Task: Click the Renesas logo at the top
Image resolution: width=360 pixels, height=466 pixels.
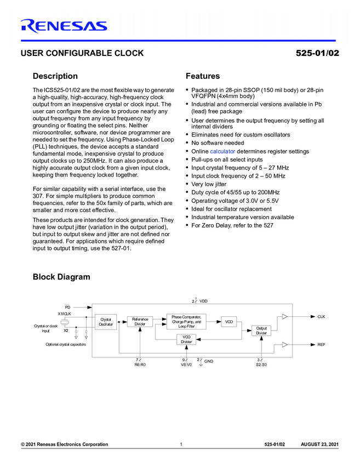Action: pyautogui.click(x=64, y=25)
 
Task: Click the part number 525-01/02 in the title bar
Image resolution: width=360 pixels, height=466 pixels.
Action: pyautogui.click(x=317, y=53)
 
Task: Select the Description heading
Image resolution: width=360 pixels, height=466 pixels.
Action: pyautogui.click(x=55, y=76)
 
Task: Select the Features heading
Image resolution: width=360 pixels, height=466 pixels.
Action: pyautogui.click(x=203, y=76)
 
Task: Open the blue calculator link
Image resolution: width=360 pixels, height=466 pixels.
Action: pyautogui.click(x=222, y=151)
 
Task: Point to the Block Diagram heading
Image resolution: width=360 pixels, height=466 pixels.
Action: pyautogui.click(x=61, y=277)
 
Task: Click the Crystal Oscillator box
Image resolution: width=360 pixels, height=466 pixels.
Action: pyautogui.click(x=106, y=322)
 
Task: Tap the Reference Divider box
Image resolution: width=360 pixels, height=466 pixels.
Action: pyautogui.click(x=140, y=321)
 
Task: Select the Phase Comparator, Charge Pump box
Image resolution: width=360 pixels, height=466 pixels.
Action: pyautogui.click(x=186, y=321)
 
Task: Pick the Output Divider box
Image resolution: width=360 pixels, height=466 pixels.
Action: pyautogui.click(x=261, y=331)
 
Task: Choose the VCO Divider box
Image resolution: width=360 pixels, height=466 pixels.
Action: pyautogui.click(x=186, y=339)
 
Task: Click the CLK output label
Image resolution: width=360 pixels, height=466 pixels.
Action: pyautogui.click(x=321, y=316)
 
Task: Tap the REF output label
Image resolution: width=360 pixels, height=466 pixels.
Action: pyautogui.click(x=321, y=344)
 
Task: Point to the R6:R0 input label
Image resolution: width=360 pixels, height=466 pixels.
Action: pyautogui.click(x=140, y=363)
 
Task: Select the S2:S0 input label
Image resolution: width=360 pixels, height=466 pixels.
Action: pyautogui.click(x=261, y=363)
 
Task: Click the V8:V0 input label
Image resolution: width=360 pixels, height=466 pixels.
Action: pyautogui.click(x=186, y=363)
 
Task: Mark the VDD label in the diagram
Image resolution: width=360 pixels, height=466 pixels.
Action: pyautogui.click(x=203, y=301)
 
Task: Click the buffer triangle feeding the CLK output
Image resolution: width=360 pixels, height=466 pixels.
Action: pyautogui.click(x=284, y=316)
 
